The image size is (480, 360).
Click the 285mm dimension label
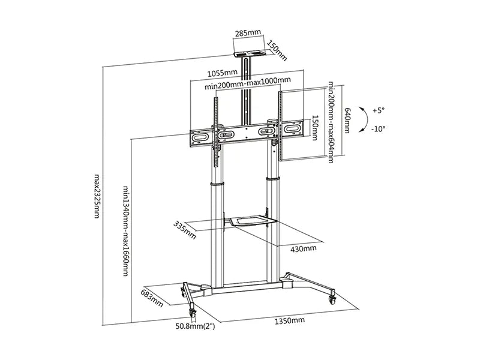pos(248,32)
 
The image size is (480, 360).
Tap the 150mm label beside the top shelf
pos(277,50)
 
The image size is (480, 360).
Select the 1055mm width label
pos(223,73)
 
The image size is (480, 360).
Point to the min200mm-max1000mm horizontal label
pos(248,83)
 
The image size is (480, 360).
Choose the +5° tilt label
pos(379,110)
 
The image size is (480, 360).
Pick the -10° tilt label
pos(378,129)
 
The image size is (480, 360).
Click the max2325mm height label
pos(97,196)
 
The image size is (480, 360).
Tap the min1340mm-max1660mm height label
pos(126,231)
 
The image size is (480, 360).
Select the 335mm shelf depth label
pos(185,230)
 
